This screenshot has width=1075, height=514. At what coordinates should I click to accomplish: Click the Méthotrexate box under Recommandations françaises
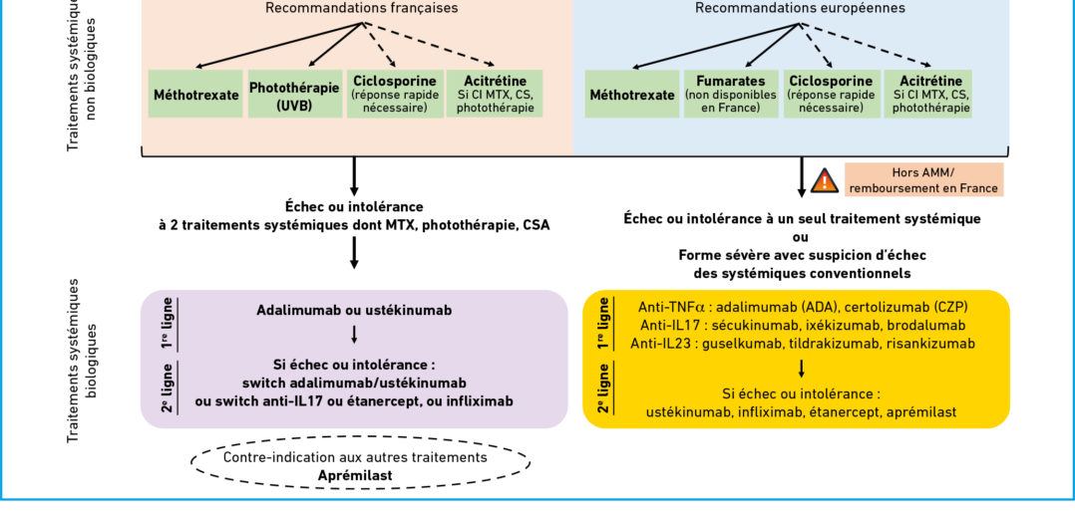click(195, 95)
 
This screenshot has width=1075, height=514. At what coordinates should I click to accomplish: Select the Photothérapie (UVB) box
click(292, 95)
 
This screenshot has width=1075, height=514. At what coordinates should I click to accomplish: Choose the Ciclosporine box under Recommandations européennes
click(831, 95)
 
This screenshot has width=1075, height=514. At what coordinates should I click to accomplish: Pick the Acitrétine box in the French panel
click(495, 95)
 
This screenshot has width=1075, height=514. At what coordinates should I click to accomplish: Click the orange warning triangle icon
click(824, 180)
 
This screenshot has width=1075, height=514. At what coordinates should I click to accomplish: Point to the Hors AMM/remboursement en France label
click(923, 180)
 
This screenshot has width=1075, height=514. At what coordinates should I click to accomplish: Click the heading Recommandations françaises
click(362, 8)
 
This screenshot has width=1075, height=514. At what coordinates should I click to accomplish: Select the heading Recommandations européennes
click(800, 8)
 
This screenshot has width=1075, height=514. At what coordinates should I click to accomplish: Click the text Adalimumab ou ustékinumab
click(354, 310)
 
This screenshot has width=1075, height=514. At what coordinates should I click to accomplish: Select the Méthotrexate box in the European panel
click(631, 95)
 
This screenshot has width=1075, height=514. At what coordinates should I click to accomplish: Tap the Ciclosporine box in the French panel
click(394, 95)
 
